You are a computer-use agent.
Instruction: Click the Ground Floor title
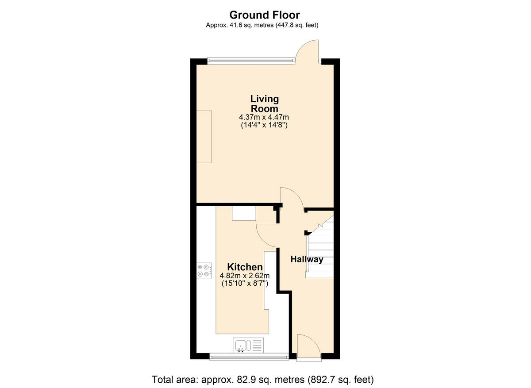[x=265, y=15]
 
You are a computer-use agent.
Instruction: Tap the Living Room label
[x=265, y=104]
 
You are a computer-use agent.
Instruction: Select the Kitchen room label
[x=245, y=267]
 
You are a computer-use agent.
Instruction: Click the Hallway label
[x=307, y=259]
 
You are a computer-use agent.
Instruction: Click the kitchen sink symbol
[x=243, y=345]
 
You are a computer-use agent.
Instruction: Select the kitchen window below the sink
[x=249, y=355]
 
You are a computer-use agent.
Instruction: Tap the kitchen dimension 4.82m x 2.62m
[x=245, y=276]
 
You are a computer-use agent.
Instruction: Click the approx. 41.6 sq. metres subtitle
[x=262, y=25]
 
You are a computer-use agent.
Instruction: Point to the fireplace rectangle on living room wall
[x=204, y=137]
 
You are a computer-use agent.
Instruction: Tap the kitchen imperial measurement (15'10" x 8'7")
[x=245, y=284]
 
